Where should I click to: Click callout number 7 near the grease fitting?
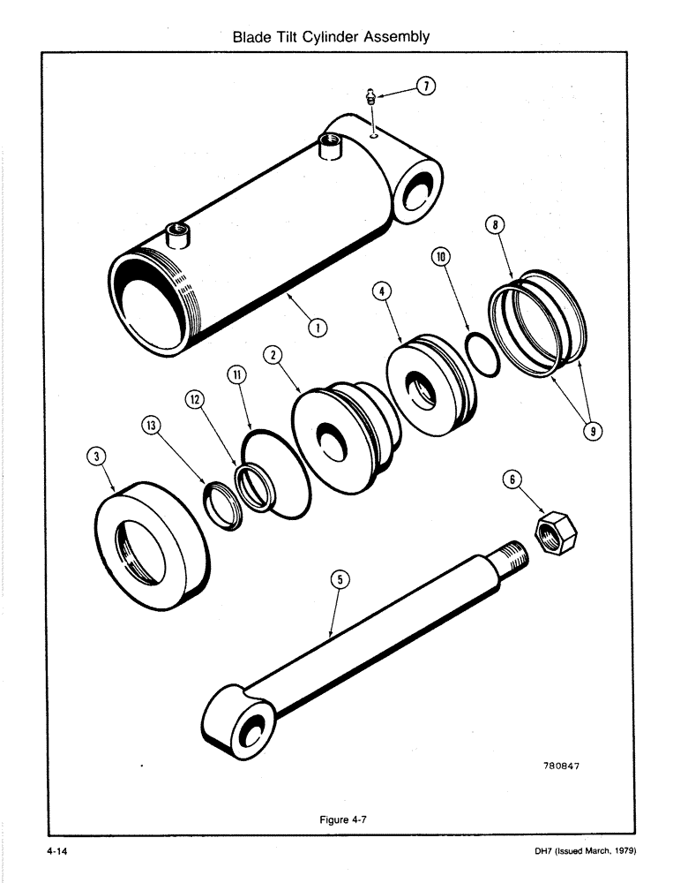click(x=425, y=87)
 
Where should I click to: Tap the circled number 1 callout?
click(x=314, y=328)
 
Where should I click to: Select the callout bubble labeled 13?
click(x=153, y=426)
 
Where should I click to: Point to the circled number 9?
click(x=595, y=432)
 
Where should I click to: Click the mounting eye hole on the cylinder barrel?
click(x=416, y=193)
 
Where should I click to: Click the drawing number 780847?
click(x=556, y=766)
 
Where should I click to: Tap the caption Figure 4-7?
click(x=342, y=819)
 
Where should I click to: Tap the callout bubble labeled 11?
click(x=236, y=374)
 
